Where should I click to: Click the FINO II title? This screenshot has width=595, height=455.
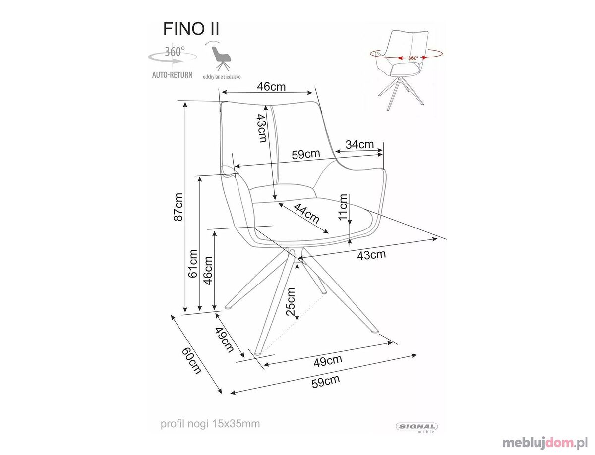[191, 29]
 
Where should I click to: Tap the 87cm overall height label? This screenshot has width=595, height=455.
[178, 207]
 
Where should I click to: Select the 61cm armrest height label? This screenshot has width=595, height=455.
[193, 263]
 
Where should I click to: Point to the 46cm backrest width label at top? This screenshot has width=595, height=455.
[271, 86]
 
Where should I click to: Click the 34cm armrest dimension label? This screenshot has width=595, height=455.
[359, 144]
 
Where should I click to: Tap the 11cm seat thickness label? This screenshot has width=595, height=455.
[343, 207]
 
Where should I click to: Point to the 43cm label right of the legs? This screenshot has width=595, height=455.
[371, 255]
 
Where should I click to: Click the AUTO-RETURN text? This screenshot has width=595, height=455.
[173, 75]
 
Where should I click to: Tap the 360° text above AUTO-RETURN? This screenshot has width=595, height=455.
[175, 51]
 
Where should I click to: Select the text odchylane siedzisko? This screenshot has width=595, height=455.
[222, 77]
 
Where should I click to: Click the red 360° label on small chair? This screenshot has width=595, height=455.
[413, 58]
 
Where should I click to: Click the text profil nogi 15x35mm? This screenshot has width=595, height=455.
[210, 423]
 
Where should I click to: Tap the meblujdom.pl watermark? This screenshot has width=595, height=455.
[545, 443]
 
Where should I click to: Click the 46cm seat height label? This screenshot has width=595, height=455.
[208, 271]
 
